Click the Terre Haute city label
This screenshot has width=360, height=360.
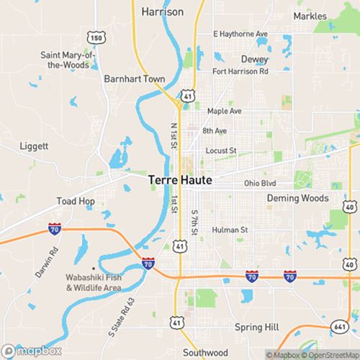[x=180, y=181]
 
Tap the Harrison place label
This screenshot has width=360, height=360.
[x=163, y=12]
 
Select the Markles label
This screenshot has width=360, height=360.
[x=309, y=16]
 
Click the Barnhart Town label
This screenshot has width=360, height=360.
[x=135, y=78]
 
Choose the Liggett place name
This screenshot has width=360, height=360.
[x=35, y=145]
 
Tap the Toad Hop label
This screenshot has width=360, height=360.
[x=76, y=201]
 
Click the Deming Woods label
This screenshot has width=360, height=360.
[x=297, y=198]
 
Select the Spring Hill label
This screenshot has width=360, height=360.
[x=256, y=327]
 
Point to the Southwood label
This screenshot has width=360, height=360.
[x=184, y=354]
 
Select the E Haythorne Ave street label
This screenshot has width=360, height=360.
[x=240, y=34]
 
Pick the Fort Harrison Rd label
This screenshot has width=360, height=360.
[x=240, y=71]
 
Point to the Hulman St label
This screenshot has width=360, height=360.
[x=232, y=230]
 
